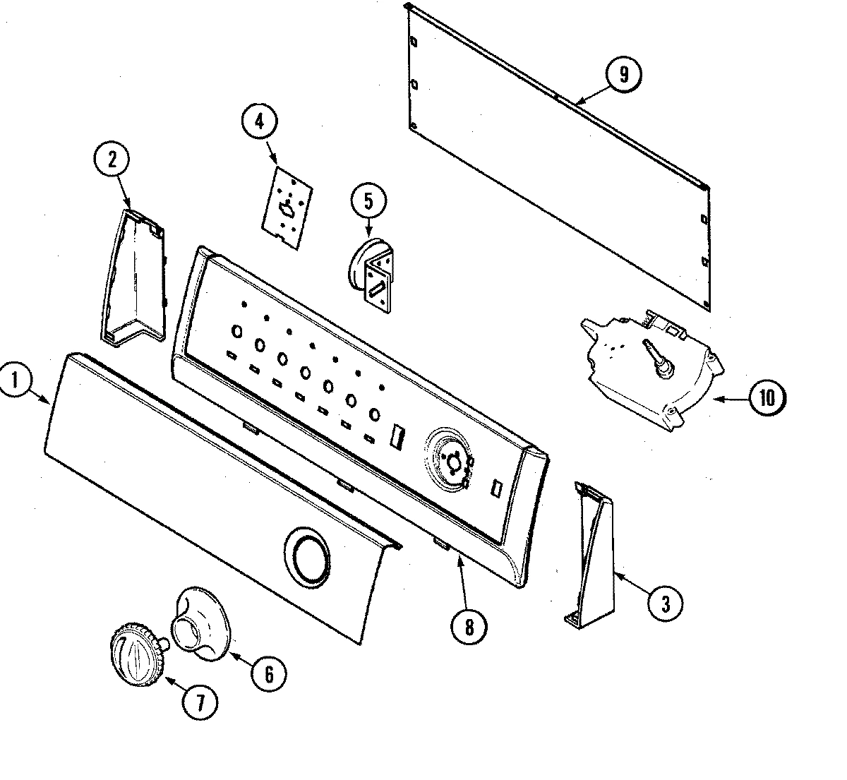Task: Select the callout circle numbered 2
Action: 112,160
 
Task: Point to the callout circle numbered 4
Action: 259,121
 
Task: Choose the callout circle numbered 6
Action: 269,673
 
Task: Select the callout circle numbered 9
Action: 623,75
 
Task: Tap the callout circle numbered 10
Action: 767,399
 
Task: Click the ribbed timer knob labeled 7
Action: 138,654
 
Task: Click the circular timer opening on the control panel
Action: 448,460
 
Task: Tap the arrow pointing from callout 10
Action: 731,400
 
